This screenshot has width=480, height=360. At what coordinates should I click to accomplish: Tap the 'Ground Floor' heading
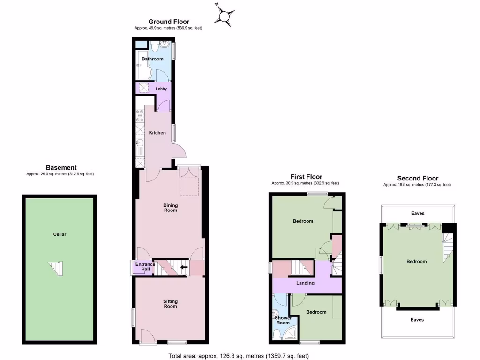(x=169, y=22)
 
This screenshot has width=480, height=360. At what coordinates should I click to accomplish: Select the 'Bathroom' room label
(x=153, y=59)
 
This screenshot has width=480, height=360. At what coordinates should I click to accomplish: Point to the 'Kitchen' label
(x=157, y=133)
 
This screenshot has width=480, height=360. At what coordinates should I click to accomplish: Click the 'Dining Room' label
(x=171, y=208)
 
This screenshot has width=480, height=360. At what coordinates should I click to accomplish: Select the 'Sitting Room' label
(x=170, y=304)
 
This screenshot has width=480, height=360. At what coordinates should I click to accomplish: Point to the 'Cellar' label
(x=60, y=234)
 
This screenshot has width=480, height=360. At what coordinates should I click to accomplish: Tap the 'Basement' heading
(x=61, y=168)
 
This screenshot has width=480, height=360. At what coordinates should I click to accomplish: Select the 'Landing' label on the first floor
(x=305, y=283)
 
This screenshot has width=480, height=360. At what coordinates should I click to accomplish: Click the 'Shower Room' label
(x=283, y=320)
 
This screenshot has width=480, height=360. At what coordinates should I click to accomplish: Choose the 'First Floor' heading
(x=307, y=177)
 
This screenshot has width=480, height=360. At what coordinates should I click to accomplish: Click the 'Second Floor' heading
(x=418, y=178)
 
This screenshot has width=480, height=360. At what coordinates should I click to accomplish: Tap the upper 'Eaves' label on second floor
(x=418, y=213)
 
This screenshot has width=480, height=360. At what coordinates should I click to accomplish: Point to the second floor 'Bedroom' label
(x=416, y=261)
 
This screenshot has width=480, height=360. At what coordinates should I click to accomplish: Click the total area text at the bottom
(x=239, y=356)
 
